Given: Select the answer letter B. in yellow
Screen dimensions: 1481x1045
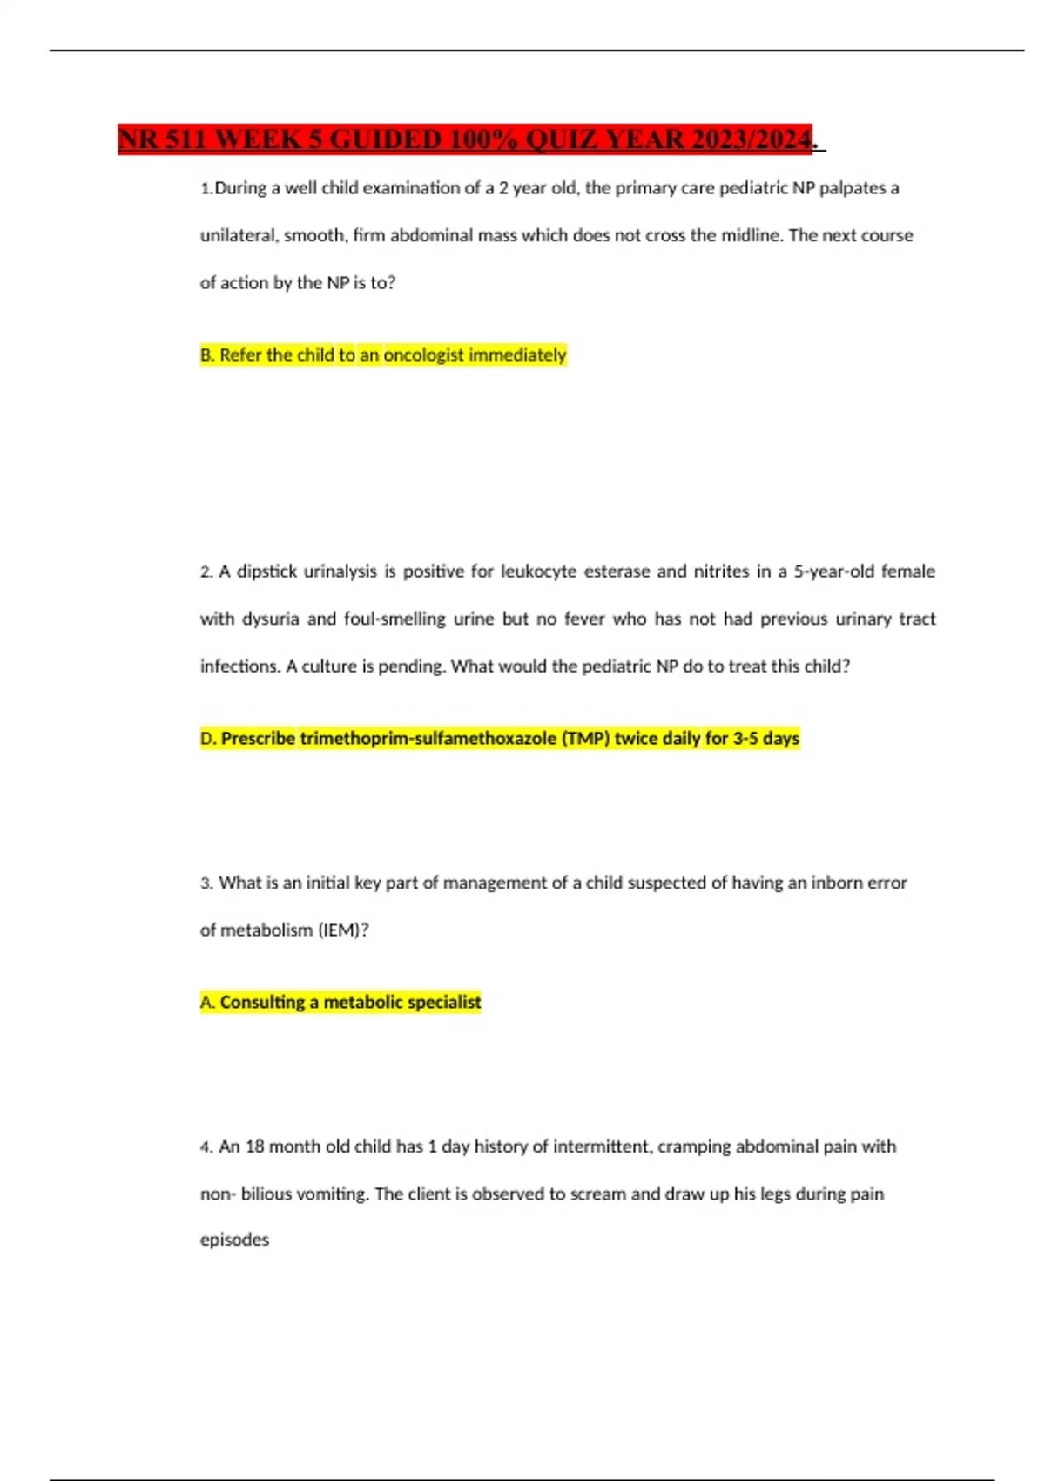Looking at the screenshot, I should [x=207, y=355].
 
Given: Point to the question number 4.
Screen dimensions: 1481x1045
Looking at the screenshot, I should [x=206, y=1147].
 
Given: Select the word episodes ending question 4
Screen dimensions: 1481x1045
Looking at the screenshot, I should [x=234, y=1241].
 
